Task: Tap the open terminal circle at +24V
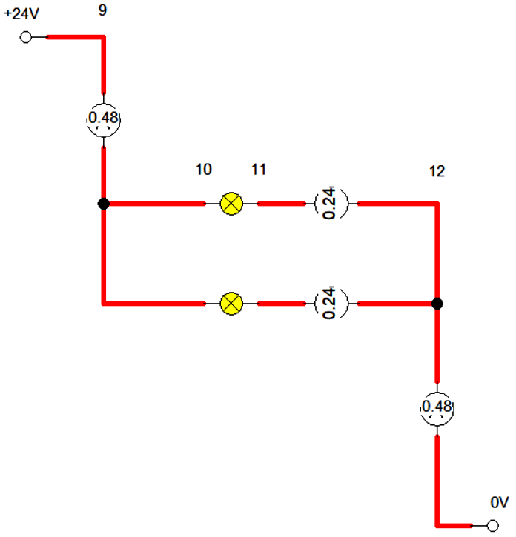(x=26, y=37)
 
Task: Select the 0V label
(x=499, y=502)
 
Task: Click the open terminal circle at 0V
(x=493, y=525)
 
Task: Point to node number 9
(x=102, y=10)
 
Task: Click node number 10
(x=204, y=170)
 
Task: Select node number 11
(x=259, y=170)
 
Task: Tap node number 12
(x=437, y=171)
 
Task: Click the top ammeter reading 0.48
(x=104, y=119)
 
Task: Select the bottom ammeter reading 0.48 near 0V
(x=437, y=408)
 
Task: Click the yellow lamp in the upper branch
(x=232, y=203)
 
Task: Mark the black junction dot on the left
(x=104, y=204)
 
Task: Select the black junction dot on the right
(x=437, y=304)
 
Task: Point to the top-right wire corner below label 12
(x=437, y=204)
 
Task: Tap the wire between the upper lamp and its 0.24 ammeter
(x=281, y=203)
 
